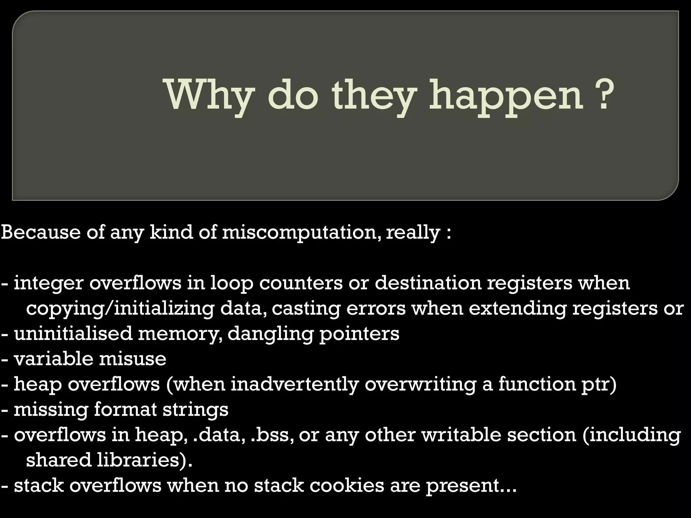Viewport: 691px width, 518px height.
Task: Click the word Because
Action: [x=41, y=232]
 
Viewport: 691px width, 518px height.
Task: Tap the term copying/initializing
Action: [x=120, y=309]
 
